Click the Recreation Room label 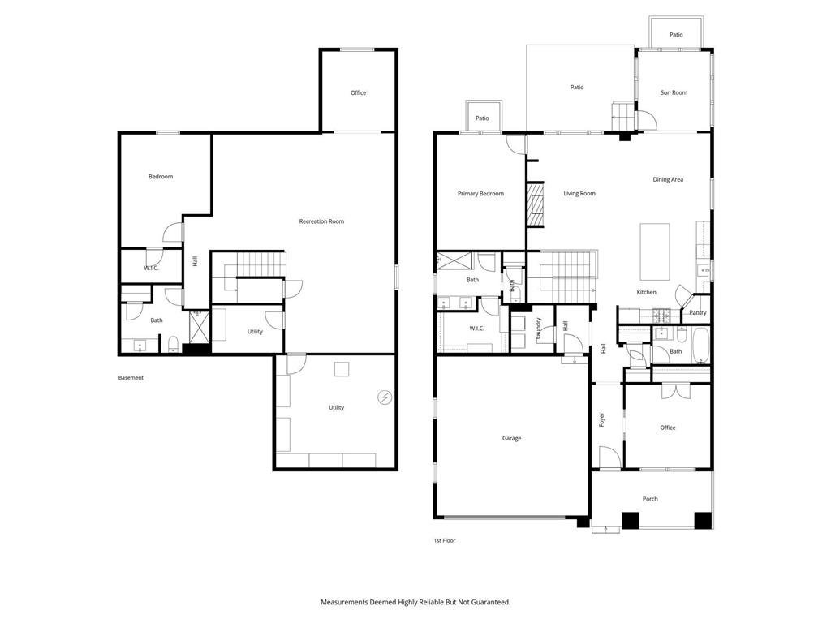pyautogui.click(x=321, y=221)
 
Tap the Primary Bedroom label pyautogui.click(x=480, y=194)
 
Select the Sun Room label pyautogui.click(x=674, y=92)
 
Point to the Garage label pyautogui.click(x=511, y=438)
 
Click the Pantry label pyautogui.click(x=697, y=312)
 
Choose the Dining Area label pyautogui.click(x=668, y=179)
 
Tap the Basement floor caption pyautogui.click(x=131, y=378)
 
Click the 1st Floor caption pyautogui.click(x=445, y=540)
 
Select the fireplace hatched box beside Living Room pyautogui.click(x=536, y=204)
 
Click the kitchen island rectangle pyautogui.click(x=655, y=251)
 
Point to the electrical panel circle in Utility pyautogui.click(x=385, y=397)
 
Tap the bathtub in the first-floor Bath pyautogui.click(x=700, y=346)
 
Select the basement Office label pyautogui.click(x=358, y=92)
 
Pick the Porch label pyautogui.click(x=650, y=499)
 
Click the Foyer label pyautogui.click(x=601, y=419)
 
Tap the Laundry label pyautogui.click(x=539, y=329)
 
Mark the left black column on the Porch pyautogui.click(x=630, y=520)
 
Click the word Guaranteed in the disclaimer pyautogui.click(x=490, y=602)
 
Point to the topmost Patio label pyautogui.click(x=676, y=35)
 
